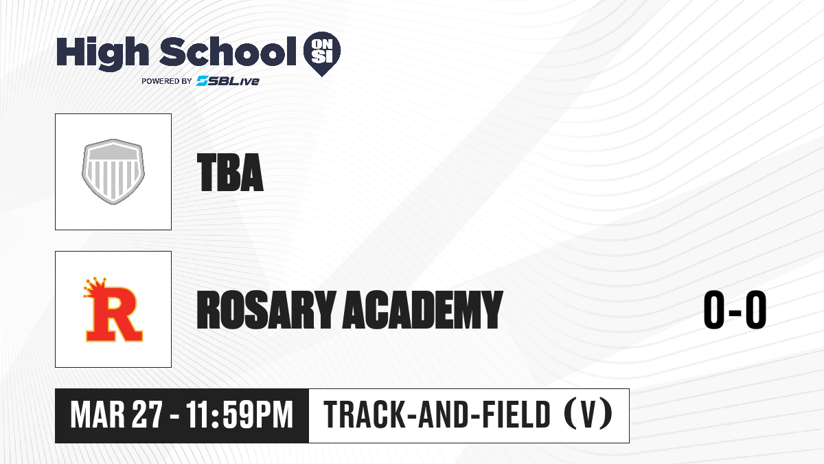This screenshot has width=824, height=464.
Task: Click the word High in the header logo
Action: [102, 53]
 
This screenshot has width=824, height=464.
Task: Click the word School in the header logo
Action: [228, 52]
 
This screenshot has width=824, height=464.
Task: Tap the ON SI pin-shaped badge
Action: [322, 54]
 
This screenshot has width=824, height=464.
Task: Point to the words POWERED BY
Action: [167, 81]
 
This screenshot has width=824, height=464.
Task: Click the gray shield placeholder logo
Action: [113, 172]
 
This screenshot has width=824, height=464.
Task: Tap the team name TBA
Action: [230, 173]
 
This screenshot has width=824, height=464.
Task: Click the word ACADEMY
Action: [423, 310]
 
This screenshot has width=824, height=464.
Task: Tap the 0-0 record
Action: [735, 310]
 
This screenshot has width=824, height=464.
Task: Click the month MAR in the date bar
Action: [98, 415]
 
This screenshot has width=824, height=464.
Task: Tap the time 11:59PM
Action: [240, 415]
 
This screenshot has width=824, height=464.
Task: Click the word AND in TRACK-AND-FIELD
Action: [444, 415]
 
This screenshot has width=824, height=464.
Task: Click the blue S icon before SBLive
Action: [203, 81]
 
